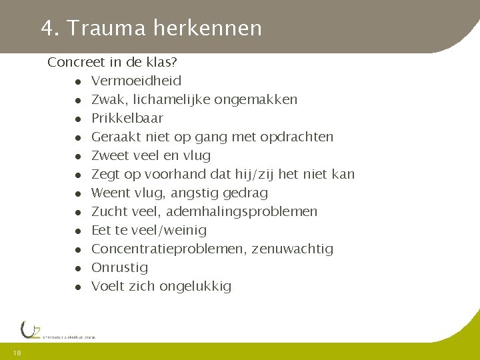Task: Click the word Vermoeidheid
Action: coord(136,81)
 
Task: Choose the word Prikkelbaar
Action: coord(127,119)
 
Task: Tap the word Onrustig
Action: coord(119,268)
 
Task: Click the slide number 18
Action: coord(17,353)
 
